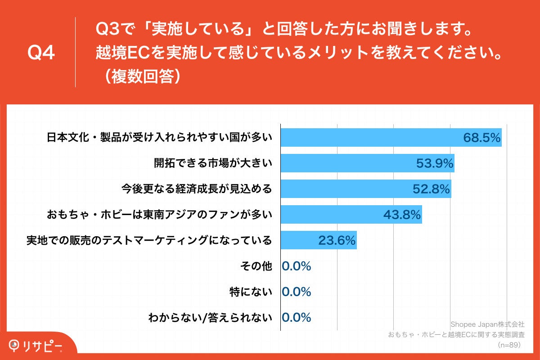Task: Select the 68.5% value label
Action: tap(482, 138)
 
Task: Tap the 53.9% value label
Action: tap(434, 163)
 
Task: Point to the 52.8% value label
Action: tap(432, 189)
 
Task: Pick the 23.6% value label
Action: tap(337, 240)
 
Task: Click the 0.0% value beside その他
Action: tap(297, 266)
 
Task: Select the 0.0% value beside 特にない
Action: tap(297, 292)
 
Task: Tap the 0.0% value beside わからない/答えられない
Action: tap(297, 318)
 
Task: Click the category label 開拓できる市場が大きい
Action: tap(213, 163)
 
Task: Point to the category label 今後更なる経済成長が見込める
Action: tap(197, 189)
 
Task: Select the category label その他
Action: tap(257, 266)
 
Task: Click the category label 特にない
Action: tap(251, 292)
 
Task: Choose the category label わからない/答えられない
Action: tap(210, 318)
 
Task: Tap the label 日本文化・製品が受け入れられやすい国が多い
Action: tap(160, 138)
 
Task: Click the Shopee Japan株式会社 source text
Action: tap(487, 324)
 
